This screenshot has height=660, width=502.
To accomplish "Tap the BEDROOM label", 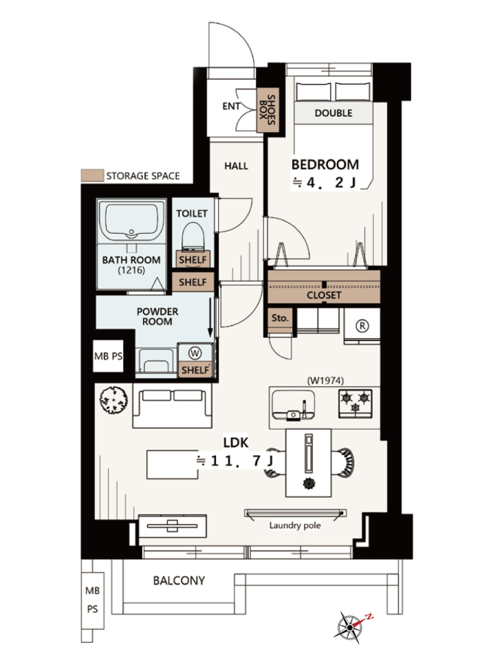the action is (325, 164).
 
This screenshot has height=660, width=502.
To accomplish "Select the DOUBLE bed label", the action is (333, 113).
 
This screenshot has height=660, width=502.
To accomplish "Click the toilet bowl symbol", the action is (193, 236).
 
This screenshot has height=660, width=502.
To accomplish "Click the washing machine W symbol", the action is (195, 353).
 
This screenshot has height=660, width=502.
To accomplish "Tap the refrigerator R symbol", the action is (362, 325).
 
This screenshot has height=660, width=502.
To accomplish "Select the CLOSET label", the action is (323, 295).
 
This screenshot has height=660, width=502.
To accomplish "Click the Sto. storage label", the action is (280, 318).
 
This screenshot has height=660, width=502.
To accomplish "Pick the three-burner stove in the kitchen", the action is (355, 403).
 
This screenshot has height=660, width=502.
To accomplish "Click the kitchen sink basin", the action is (293, 404).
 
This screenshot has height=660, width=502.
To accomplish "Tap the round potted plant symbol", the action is (113, 400).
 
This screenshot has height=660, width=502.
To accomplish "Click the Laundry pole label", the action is (295, 525).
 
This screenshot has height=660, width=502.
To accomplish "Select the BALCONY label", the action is (179, 580).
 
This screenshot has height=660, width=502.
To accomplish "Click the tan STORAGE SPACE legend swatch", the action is (92, 175).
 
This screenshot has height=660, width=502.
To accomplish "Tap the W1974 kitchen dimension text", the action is (325, 380).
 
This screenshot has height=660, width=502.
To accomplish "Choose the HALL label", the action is (236, 166).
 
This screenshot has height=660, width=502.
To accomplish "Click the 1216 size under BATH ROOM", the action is (131, 270).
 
